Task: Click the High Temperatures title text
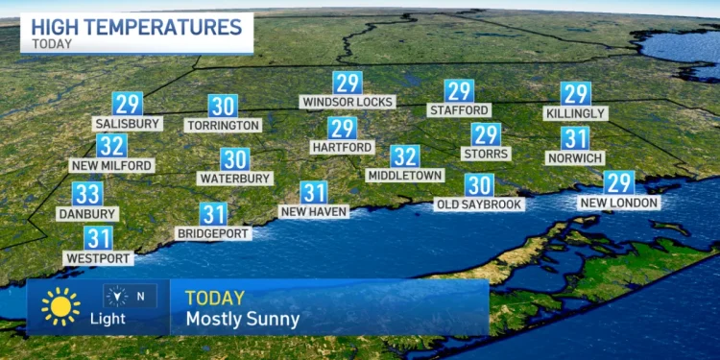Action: tap(134, 25)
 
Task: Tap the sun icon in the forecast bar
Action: tap(60, 306)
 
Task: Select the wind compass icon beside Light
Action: tap(116, 296)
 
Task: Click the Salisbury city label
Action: tap(127, 123)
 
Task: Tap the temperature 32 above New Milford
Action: tap(111, 146)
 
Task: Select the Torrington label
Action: tap(224, 125)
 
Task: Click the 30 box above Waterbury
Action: tap(235, 159)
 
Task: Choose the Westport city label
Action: tap(98, 257)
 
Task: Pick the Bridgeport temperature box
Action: tap(213, 215)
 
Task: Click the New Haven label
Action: tap(313, 211)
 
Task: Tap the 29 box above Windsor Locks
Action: tap(348, 83)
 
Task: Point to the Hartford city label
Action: tap(342, 147)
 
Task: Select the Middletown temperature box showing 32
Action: tap(405, 156)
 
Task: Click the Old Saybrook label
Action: tap(479, 204)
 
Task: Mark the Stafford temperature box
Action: tap(459, 91)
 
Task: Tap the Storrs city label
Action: tap(486, 154)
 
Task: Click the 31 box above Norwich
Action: tap(575, 138)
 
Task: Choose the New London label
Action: tap(619, 203)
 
